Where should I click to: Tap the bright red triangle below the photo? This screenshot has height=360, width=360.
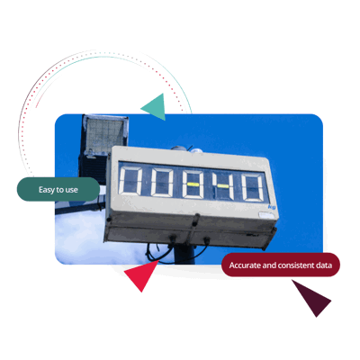(x=141, y=274)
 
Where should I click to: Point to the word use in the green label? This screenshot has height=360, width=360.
(x=72, y=190)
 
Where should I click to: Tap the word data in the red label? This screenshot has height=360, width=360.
(x=324, y=265)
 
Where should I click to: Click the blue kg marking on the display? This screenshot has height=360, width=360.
(x=272, y=207)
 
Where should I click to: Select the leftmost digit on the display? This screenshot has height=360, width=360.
(x=130, y=181)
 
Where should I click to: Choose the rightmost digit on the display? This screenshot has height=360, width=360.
(x=253, y=187)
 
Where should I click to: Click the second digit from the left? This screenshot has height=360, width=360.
(x=162, y=183)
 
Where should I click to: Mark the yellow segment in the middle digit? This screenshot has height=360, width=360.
(x=193, y=184)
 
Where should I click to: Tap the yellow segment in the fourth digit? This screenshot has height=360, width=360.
(x=223, y=186)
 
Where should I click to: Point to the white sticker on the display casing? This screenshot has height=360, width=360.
(x=266, y=215)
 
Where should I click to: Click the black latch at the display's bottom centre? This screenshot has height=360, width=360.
(x=196, y=220)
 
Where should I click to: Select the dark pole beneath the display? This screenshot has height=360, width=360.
(x=184, y=255)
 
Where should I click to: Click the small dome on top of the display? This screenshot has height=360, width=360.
(x=196, y=150)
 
